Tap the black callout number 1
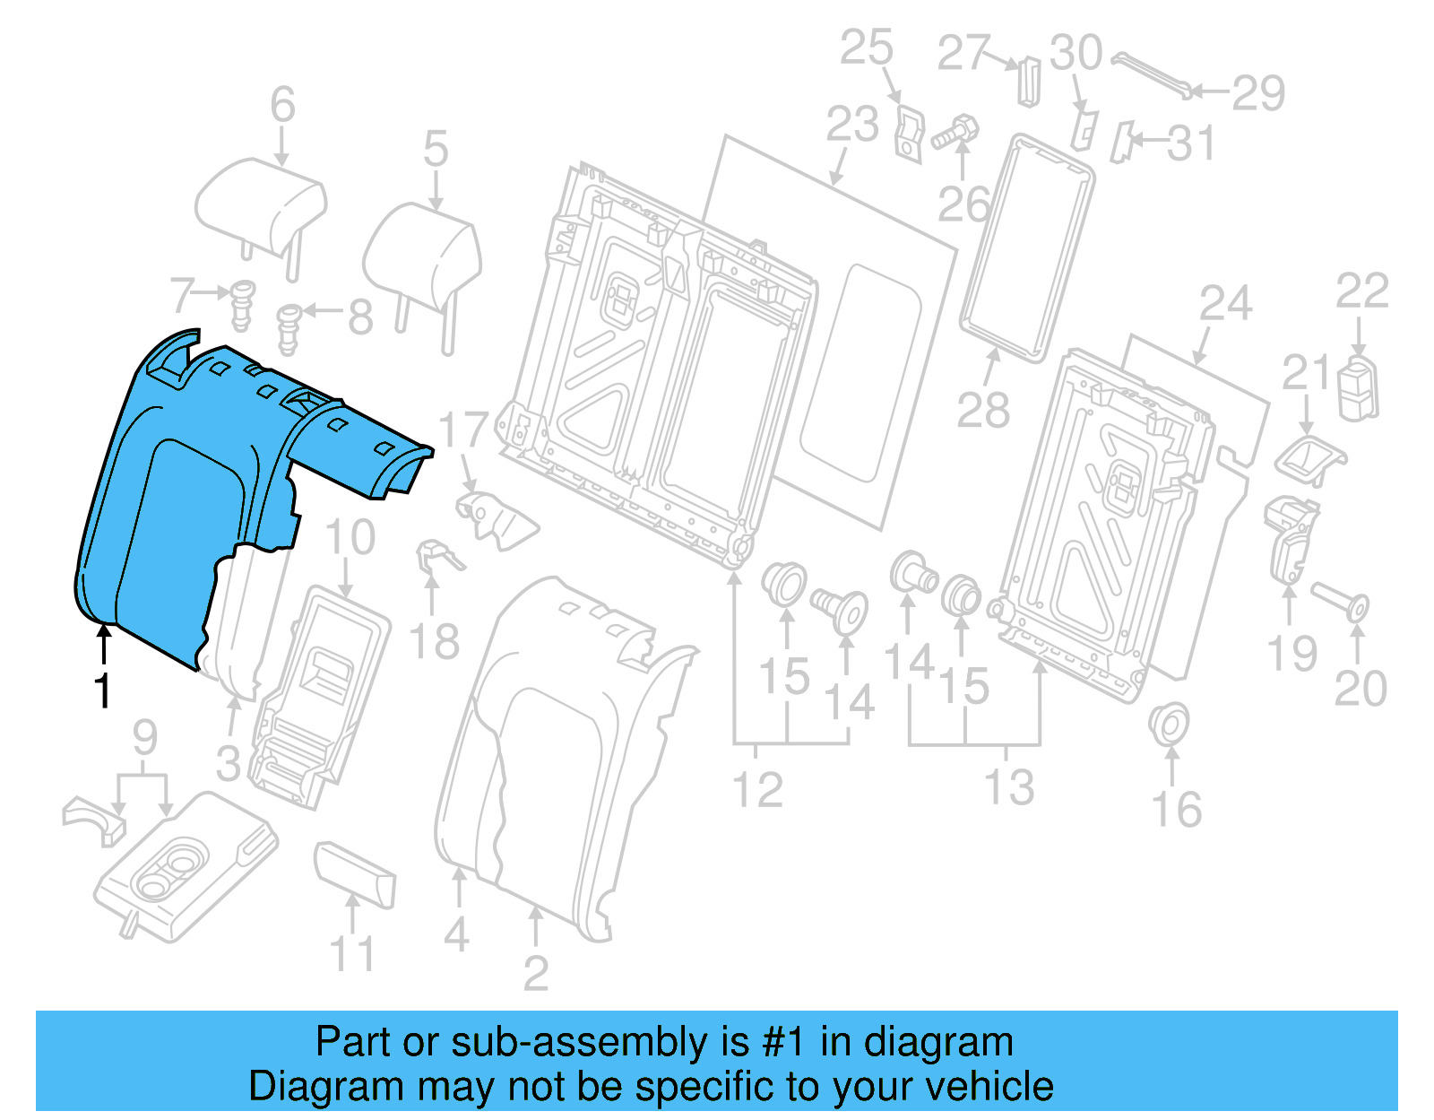point(103,690)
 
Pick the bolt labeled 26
point(955,135)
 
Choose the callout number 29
point(1258,92)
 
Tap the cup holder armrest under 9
point(184,865)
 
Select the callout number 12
point(757,789)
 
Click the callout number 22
point(1361,291)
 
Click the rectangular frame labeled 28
point(1026,247)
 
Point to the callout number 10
point(350,537)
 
